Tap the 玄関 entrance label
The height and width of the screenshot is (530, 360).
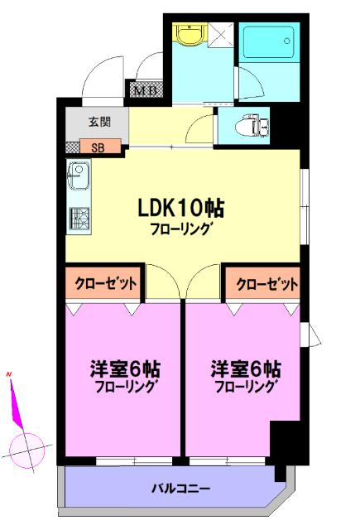99,123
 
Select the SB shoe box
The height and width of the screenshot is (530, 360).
98,149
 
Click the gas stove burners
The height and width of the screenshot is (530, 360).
79,218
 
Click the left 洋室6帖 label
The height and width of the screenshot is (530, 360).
126,368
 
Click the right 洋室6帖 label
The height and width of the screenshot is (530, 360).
246,368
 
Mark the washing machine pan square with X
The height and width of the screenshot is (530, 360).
222,35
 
